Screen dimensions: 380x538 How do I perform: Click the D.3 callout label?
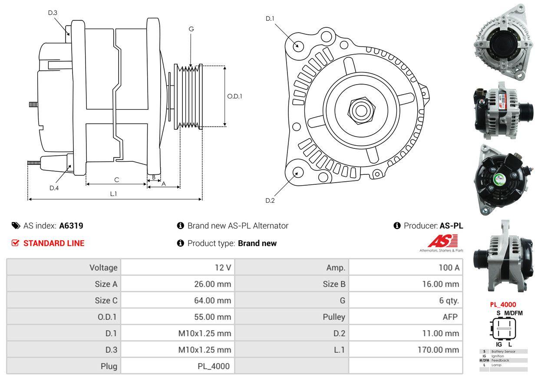[x=53, y=13]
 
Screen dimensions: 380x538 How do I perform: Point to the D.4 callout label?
[x=54, y=188]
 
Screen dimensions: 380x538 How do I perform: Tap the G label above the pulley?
[x=191, y=29]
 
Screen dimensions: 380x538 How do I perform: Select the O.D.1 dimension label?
[x=234, y=96]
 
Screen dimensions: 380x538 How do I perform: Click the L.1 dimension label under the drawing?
[x=113, y=194]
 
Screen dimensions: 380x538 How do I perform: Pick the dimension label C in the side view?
[x=116, y=180]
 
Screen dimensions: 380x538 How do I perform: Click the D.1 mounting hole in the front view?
[x=298, y=46]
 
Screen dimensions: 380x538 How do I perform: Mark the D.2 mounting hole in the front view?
[x=297, y=172]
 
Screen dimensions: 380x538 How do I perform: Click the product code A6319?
[x=71, y=226]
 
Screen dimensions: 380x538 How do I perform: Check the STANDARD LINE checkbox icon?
[x=16, y=243]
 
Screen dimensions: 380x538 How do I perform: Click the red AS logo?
[x=443, y=241]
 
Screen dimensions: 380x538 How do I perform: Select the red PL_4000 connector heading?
[x=503, y=305]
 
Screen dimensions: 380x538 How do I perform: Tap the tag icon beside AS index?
[x=16, y=226]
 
